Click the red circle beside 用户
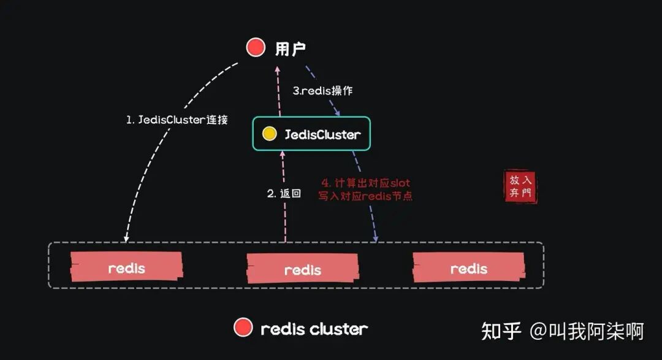256,47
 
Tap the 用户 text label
291,48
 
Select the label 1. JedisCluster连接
177,120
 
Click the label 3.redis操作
322,90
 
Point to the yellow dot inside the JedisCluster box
269,134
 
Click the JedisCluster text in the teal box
322,134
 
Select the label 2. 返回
284,193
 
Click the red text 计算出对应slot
366,183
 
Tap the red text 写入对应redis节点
365,196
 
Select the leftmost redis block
127,268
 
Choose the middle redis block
303,269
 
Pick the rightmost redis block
469,269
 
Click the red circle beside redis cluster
243,328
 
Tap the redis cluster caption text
314,329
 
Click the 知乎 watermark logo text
501,331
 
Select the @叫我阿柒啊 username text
587,331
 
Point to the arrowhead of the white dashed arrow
126,238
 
